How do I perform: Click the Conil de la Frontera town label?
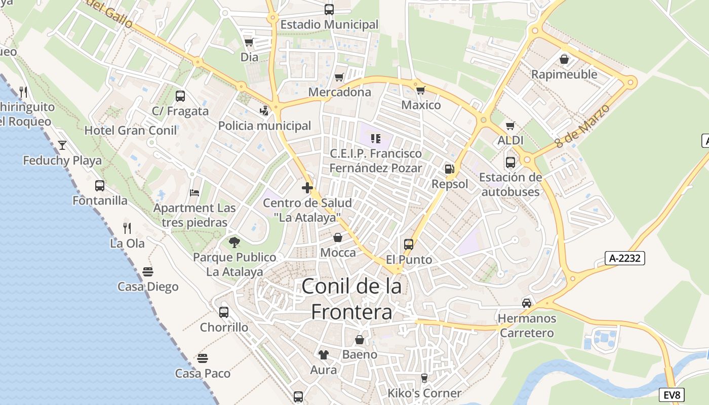(351, 299)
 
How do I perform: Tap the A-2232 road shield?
(625, 258)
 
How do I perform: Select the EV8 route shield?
(673, 395)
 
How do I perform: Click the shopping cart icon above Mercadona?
(339, 77)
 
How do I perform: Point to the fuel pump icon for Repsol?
(449, 169)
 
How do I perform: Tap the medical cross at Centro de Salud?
(307, 188)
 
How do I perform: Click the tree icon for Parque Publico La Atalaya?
(234, 242)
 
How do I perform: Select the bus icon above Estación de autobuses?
(510, 163)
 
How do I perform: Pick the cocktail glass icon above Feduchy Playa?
(62, 145)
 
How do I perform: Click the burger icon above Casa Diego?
(148, 272)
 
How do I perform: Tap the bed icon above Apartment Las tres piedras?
(194, 193)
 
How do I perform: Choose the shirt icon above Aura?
(323, 355)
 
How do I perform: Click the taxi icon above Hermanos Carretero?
(527, 303)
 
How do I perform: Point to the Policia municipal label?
(264, 126)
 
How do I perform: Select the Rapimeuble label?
(564, 74)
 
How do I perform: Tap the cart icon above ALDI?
(510, 126)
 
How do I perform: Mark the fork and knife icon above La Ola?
(127, 228)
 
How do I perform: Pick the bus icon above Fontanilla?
(100, 186)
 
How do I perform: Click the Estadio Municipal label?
(329, 24)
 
